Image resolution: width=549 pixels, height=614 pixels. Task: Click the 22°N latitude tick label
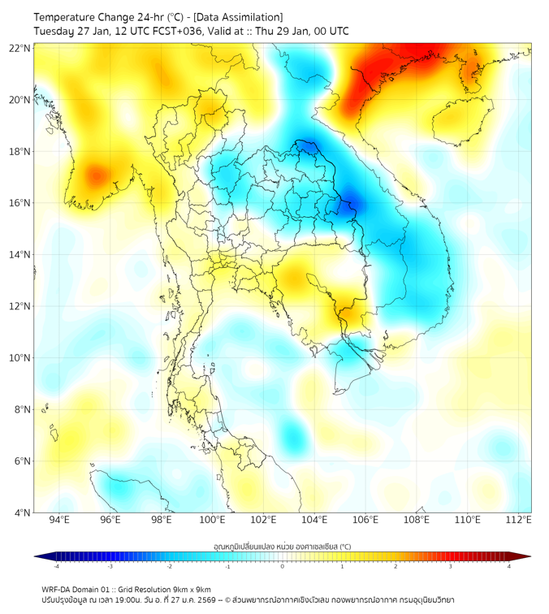(x=20, y=49)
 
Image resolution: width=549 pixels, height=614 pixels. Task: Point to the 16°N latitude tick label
(x=20, y=203)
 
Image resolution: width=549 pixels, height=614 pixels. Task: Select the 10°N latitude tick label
(x=20, y=358)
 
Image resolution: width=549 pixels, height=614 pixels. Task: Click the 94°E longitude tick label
(x=59, y=520)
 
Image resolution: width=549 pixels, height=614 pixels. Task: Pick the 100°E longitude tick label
(x=213, y=520)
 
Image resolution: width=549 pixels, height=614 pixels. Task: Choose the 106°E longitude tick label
(x=365, y=520)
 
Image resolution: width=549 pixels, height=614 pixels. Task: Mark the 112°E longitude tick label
(x=519, y=520)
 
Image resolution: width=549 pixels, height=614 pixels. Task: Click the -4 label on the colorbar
(x=56, y=567)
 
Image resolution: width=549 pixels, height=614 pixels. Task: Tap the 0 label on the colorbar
(x=283, y=567)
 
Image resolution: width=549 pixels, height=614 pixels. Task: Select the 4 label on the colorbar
(x=508, y=567)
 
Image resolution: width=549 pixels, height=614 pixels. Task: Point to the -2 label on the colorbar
(x=169, y=567)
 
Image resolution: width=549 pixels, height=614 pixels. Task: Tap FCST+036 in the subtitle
(x=174, y=31)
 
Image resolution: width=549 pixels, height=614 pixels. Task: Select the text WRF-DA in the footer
(x=58, y=589)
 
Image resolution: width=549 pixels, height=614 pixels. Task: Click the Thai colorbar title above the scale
(x=282, y=546)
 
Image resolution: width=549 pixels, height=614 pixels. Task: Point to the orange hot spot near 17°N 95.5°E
(x=96, y=175)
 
